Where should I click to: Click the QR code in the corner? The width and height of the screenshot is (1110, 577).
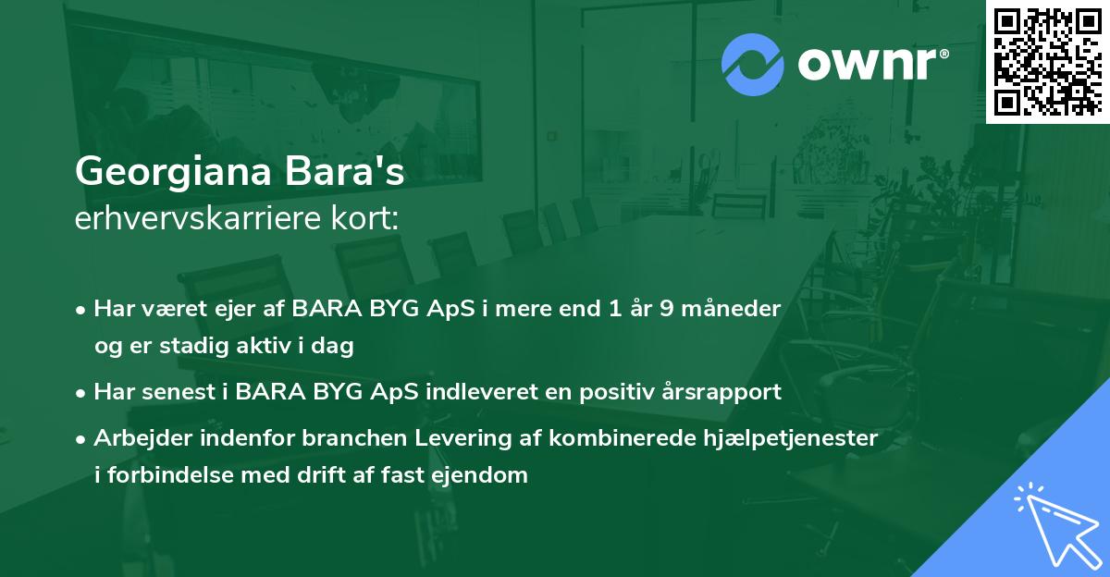1047,61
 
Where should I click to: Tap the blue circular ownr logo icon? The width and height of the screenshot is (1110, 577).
752,65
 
